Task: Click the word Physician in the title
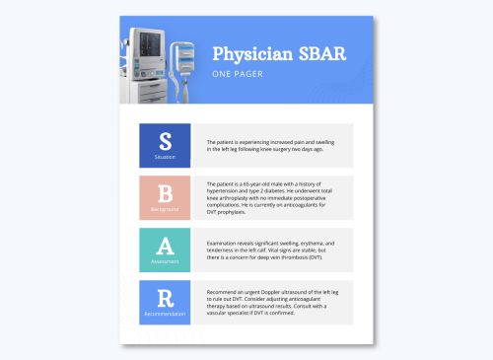click(246, 52)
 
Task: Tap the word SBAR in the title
click(318, 52)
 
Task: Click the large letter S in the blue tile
click(165, 139)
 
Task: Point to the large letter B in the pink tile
click(165, 194)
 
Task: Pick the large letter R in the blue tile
click(165, 297)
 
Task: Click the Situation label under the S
click(165, 157)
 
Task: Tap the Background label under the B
click(165, 211)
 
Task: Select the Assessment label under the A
click(165, 262)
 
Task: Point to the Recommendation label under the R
click(165, 314)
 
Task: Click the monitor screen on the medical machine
click(151, 45)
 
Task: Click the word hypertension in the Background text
click(227, 191)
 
